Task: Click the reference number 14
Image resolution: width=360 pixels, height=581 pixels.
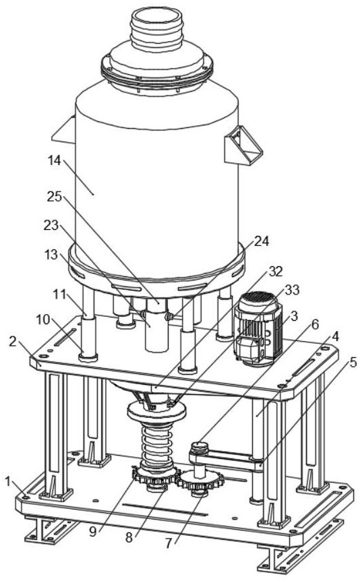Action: (54, 160)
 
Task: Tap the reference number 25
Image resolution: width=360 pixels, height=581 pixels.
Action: (54, 196)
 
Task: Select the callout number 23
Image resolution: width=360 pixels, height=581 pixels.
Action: (51, 224)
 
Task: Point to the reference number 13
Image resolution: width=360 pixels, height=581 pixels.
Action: (51, 255)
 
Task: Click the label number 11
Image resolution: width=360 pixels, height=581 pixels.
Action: (59, 295)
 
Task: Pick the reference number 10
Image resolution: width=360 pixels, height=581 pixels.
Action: (43, 319)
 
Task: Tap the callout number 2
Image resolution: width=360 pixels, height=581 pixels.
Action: (13, 342)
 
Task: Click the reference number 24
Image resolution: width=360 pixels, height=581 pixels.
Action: (261, 241)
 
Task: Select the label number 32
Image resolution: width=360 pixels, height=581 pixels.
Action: (276, 271)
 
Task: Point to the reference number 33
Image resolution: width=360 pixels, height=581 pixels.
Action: (292, 289)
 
